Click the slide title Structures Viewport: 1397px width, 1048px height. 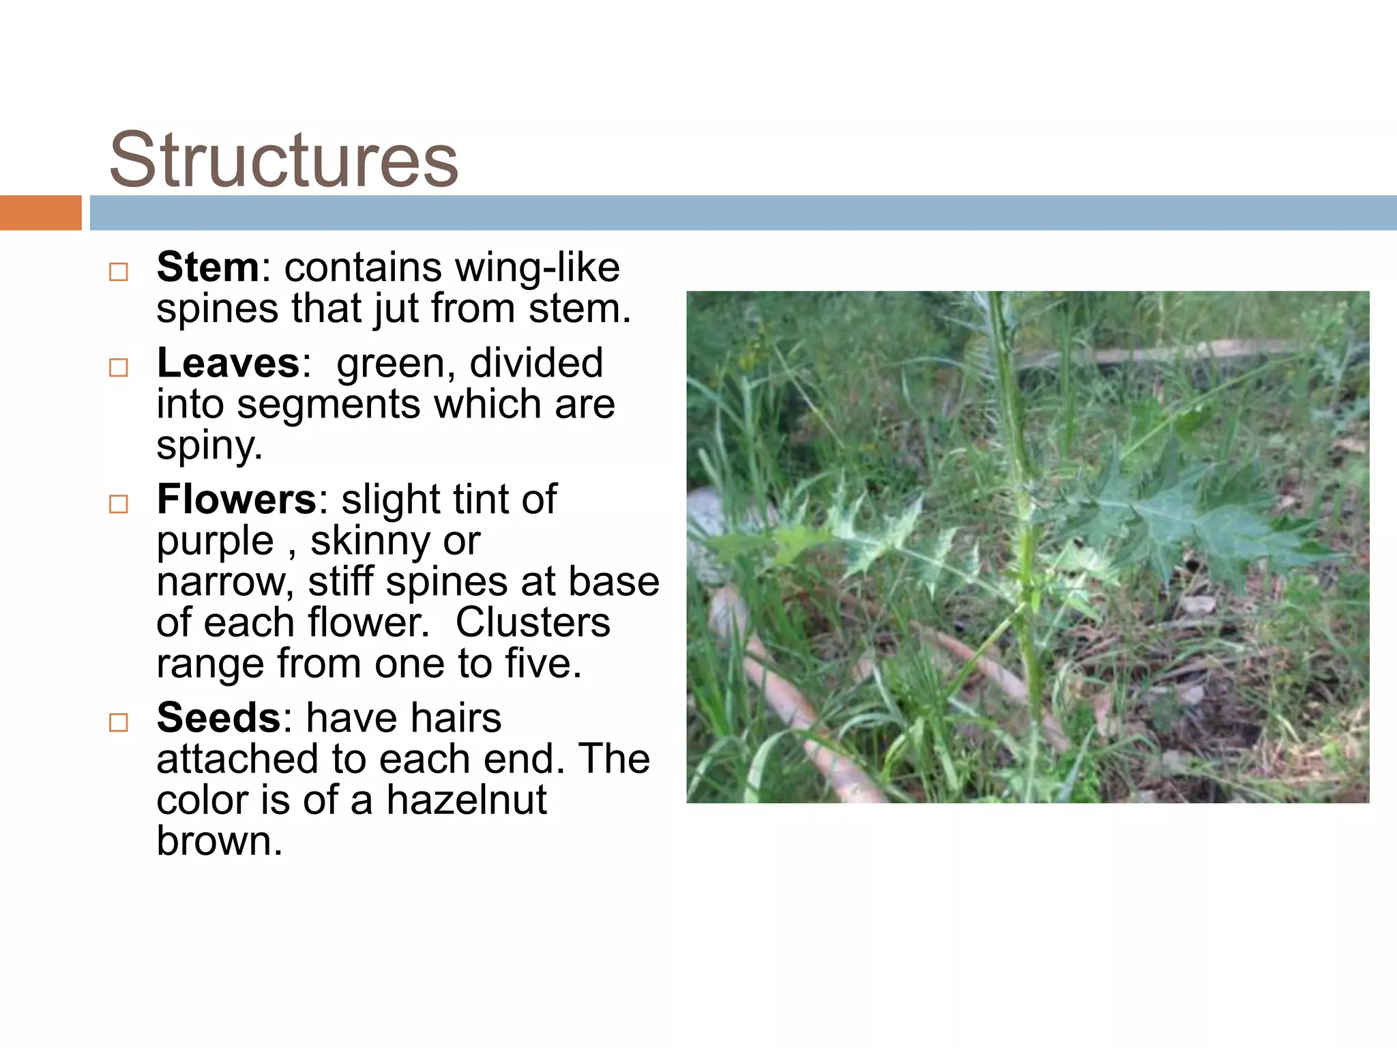coord(283,160)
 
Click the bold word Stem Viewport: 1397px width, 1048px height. coord(207,267)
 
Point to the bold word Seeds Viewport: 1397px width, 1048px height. coord(218,718)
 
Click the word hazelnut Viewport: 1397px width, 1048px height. coord(467,800)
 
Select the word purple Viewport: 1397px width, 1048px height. coord(215,542)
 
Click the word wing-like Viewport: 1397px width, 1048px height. coord(537,267)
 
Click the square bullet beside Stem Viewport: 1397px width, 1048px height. coord(119,272)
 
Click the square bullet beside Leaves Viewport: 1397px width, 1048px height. coord(119,368)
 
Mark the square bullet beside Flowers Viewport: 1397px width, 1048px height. coord(119,504)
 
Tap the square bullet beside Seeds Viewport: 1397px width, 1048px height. coord(119,723)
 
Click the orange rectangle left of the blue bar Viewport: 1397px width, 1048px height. coord(40,212)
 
